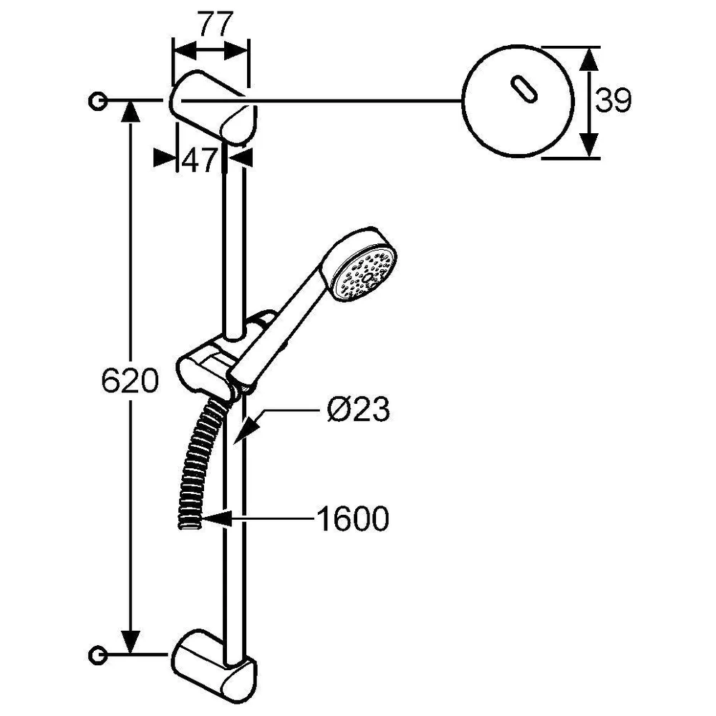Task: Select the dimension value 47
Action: pos(199,160)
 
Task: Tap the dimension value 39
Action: pos(614,101)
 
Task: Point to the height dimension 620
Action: pos(130,381)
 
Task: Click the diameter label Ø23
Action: pos(359,409)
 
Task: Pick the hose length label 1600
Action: pos(353,518)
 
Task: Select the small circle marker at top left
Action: pos(97,100)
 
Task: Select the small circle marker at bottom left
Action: pos(97,655)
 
